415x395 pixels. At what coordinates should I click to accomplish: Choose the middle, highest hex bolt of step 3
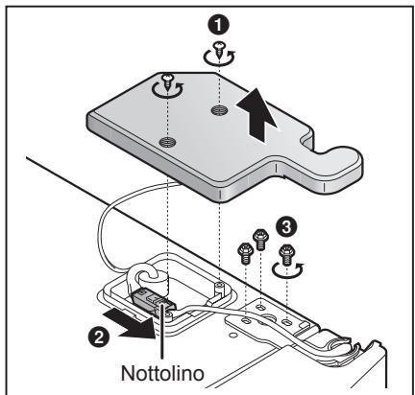[258, 235]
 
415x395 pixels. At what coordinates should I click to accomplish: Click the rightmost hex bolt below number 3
[283, 254]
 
